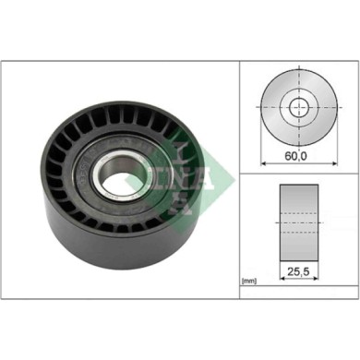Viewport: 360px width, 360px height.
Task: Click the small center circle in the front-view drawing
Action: (298, 108)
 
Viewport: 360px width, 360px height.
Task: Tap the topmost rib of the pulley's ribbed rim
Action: (115, 109)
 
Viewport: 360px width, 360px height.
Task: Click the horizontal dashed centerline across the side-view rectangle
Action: (298, 222)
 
